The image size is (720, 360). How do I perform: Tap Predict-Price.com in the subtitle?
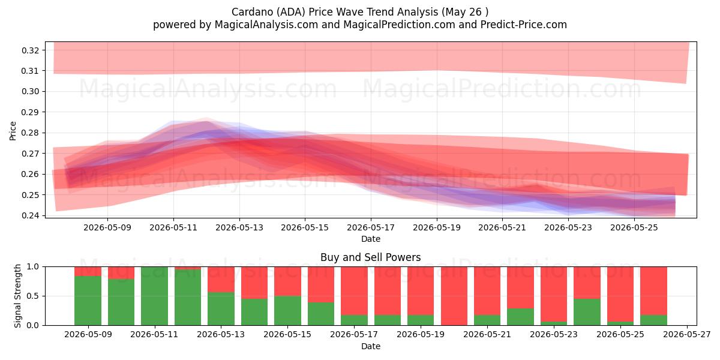click(x=523, y=25)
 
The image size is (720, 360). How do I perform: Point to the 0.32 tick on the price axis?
click(x=31, y=50)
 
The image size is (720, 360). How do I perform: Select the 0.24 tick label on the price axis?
click(x=31, y=215)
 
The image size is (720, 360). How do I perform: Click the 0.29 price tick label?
click(x=31, y=112)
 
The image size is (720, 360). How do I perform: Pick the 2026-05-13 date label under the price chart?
click(x=239, y=227)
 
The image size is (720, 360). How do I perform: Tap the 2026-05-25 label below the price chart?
click(x=634, y=227)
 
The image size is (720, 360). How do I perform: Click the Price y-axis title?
click(x=13, y=131)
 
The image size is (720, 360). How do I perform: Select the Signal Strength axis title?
click(x=17, y=296)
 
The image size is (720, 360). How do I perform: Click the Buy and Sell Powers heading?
click(x=371, y=257)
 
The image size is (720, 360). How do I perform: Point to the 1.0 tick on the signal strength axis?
click(x=32, y=266)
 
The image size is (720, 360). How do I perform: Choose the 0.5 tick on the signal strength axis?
click(x=32, y=296)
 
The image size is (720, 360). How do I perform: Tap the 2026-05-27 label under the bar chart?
click(x=687, y=335)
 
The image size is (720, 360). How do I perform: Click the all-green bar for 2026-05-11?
click(x=154, y=296)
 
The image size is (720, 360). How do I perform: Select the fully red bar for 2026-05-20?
click(x=454, y=296)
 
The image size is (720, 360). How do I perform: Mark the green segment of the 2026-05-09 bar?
click(x=88, y=301)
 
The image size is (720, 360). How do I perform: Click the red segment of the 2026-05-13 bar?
click(x=221, y=280)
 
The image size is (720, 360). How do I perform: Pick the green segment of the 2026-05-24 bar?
click(x=587, y=312)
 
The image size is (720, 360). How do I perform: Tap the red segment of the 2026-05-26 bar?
click(x=654, y=291)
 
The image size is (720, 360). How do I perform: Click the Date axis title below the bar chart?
click(x=371, y=346)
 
